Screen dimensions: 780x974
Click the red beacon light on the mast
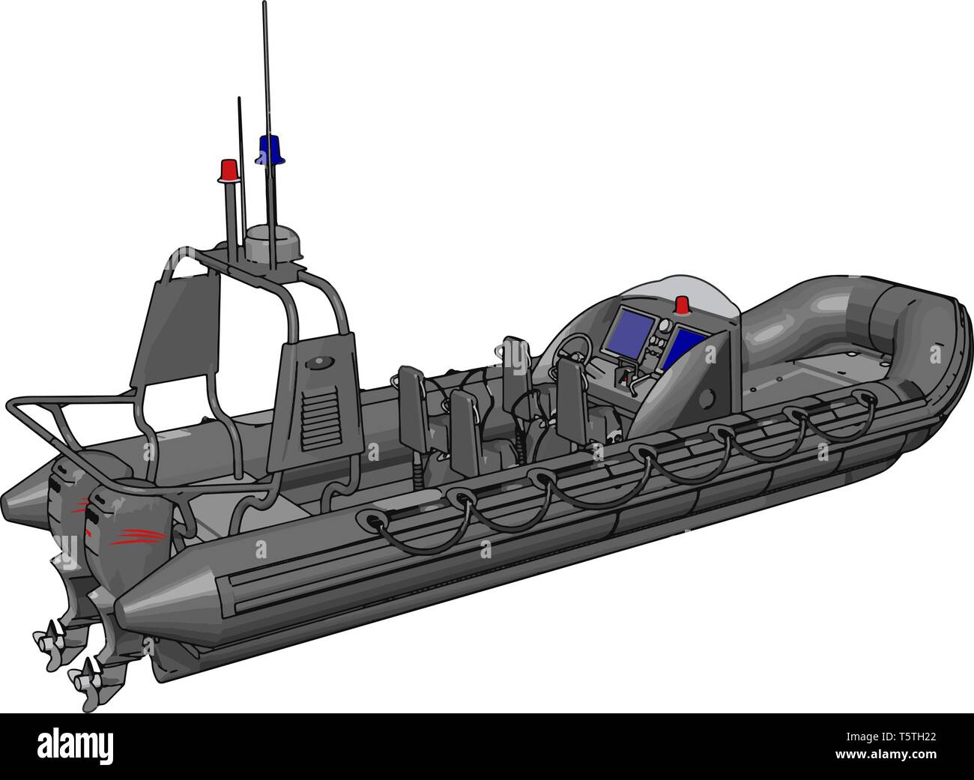coord(229,170)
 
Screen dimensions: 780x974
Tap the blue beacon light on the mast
coord(268,149)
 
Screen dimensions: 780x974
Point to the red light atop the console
coord(682,303)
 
